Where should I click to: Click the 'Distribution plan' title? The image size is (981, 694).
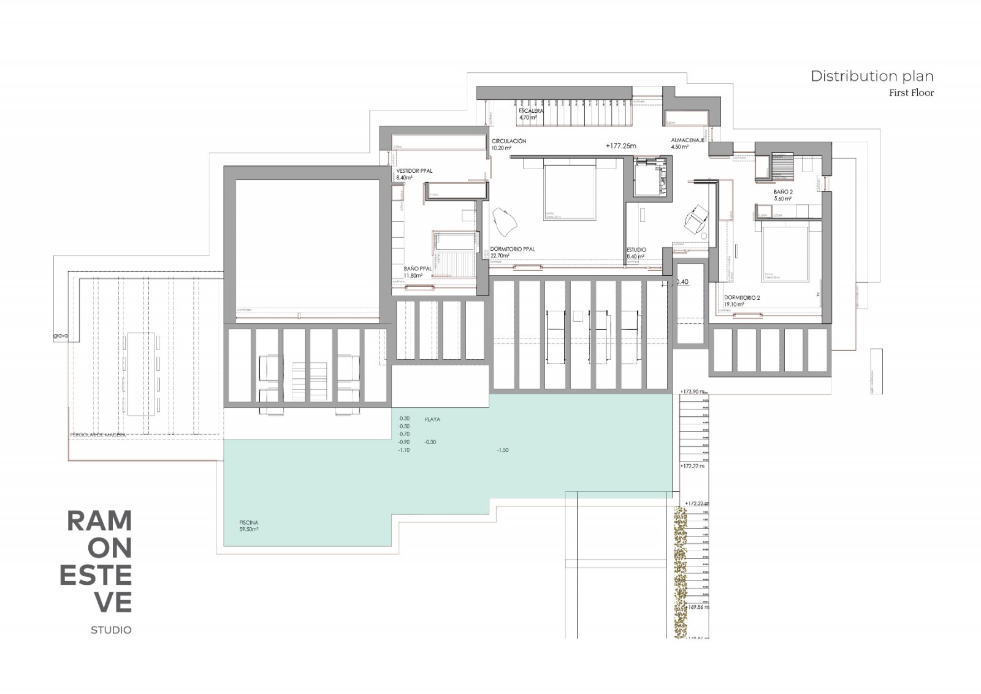coord(871,76)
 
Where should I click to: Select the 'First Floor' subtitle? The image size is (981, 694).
coord(911,93)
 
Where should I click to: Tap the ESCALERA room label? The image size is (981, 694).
coord(530,112)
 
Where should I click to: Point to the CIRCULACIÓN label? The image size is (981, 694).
coord(508,141)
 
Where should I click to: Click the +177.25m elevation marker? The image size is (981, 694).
coord(620,147)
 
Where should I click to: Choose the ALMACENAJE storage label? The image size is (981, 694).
coord(687,140)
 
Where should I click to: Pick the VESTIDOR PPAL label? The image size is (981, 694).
coord(414,171)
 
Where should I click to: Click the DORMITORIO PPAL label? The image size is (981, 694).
coord(513,249)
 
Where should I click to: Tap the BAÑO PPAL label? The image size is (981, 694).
coord(418,269)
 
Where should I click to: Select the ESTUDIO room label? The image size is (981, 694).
coord(636,250)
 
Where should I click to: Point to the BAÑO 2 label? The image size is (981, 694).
coord(783,192)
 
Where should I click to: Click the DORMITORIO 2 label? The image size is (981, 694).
coord(742,298)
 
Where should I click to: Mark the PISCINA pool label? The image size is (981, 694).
coord(249,523)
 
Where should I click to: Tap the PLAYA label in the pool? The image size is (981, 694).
coord(432,420)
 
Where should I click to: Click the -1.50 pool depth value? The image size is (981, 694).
coord(503,450)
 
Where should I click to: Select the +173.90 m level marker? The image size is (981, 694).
coord(693,391)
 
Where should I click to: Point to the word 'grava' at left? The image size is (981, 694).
coord(60,336)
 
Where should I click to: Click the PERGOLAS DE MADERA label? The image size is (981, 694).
coord(98,435)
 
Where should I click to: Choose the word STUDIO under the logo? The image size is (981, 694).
coord(111,630)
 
